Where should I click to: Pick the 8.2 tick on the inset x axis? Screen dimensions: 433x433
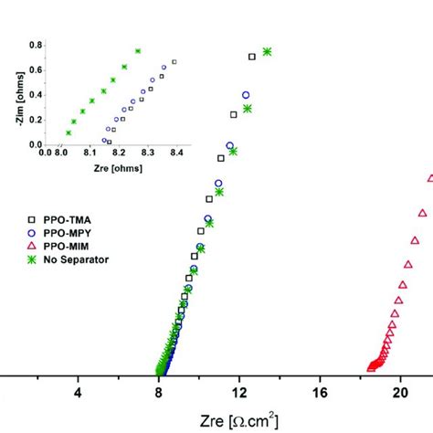tap(119, 153)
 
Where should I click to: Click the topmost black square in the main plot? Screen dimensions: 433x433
tap(252, 57)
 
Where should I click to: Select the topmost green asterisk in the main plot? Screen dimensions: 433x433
tap(267, 52)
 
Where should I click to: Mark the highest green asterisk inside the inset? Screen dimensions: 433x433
tap(138, 51)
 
